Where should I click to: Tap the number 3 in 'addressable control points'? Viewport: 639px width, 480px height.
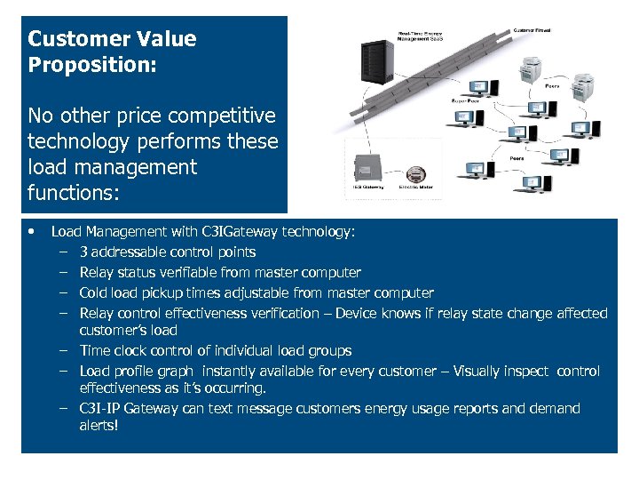83,252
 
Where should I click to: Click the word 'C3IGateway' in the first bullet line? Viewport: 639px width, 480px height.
240,232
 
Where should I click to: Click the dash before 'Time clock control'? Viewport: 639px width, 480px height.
64,351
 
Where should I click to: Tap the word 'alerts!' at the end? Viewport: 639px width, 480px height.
98,426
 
